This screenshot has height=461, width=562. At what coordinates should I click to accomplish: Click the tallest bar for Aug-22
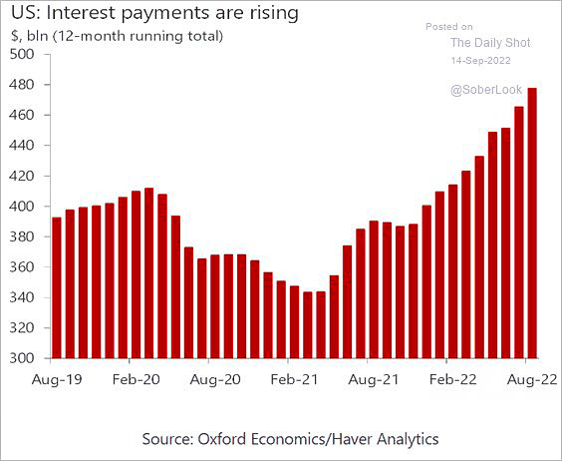[x=532, y=223]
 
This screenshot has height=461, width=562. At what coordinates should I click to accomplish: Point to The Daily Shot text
[x=490, y=43]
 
